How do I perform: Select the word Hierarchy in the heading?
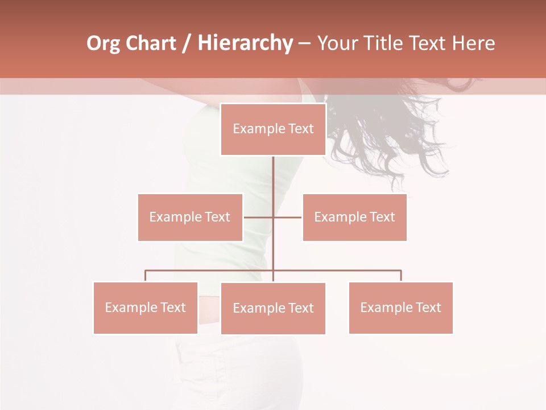(245, 43)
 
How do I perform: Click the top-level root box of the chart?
(273, 129)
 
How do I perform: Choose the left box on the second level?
(190, 217)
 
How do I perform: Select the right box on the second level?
(354, 217)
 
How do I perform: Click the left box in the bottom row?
(145, 307)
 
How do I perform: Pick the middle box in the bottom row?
(273, 308)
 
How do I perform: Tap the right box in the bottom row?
(400, 307)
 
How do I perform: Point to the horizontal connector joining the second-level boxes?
(287, 217)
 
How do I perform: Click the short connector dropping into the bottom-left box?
(145, 276)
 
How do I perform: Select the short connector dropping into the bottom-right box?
(401, 276)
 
